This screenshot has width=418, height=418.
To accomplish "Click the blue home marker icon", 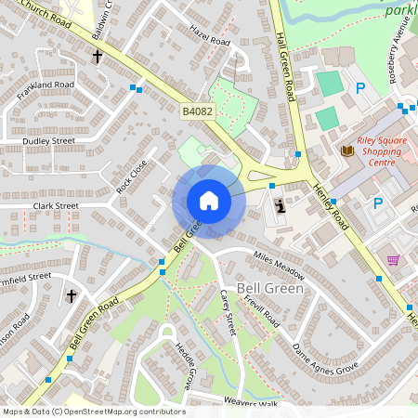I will pyautogui.click(x=208, y=200).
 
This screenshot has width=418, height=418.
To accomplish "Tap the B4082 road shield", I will pyautogui.click(x=195, y=111).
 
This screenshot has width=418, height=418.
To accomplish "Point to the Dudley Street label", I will pyautogui.click(x=48, y=141).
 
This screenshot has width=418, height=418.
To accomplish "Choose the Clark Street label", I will pyautogui.click(x=56, y=205).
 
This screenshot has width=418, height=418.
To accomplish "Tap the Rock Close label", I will pyautogui.click(x=132, y=176).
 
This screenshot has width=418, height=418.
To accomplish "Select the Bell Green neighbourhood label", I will pyautogui.click(x=268, y=289).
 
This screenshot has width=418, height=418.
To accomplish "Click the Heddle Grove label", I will pyautogui.click(x=185, y=364).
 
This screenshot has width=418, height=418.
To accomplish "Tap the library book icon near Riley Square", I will pyautogui.click(x=347, y=150).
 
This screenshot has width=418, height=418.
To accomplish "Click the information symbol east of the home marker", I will pyautogui.click(x=279, y=206).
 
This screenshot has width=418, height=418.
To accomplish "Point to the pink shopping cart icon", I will pyautogui.click(x=394, y=261).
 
